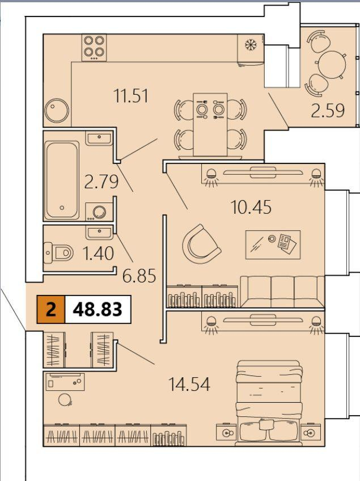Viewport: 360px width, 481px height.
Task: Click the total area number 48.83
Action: point(98,310)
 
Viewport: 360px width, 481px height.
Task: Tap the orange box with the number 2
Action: point(51,310)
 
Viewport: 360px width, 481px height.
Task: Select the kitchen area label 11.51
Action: point(131,95)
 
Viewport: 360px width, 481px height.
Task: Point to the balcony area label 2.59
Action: point(328,111)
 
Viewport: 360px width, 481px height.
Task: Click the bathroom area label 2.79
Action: point(101,182)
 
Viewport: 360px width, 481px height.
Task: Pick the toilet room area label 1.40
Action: point(98,254)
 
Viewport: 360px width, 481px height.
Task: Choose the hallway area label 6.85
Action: point(139,276)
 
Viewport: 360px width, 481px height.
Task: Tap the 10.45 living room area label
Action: point(251,207)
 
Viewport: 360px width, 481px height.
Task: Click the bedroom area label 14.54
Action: point(189,384)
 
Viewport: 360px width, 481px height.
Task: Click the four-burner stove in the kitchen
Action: point(94,48)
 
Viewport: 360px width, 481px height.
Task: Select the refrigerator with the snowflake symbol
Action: point(251,49)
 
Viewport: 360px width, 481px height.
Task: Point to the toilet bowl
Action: point(58,253)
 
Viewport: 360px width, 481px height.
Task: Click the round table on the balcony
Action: point(332,65)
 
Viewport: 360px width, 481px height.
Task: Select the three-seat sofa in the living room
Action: point(282,292)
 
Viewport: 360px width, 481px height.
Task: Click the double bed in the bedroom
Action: point(268,403)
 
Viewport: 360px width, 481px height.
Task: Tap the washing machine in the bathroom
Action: point(99,212)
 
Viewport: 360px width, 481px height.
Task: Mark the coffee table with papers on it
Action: point(273,245)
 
